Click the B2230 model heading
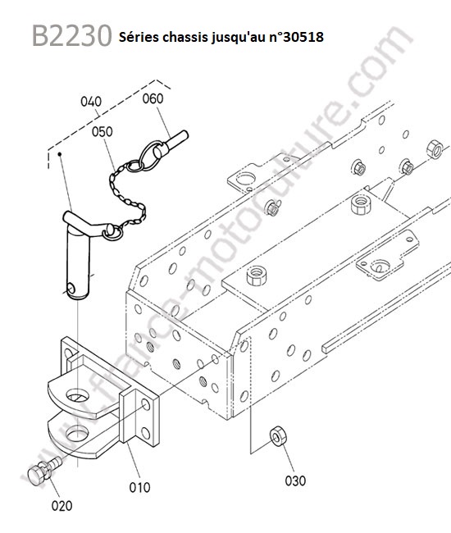point(71,36)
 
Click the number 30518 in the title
point(303,37)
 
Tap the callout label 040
point(91,102)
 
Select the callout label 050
point(102,131)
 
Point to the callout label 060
point(153,98)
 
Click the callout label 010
point(139,487)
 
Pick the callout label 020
point(61,505)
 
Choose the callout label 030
point(295,481)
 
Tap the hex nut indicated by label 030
point(276,435)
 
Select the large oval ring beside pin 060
point(150,155)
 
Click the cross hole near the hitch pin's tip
point(71,289)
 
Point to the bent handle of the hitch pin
point(87,222)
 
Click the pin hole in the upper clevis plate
point(77,395)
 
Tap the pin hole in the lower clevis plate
point(77,434)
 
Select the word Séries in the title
point(139,37)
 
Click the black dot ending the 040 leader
point(60,154)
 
